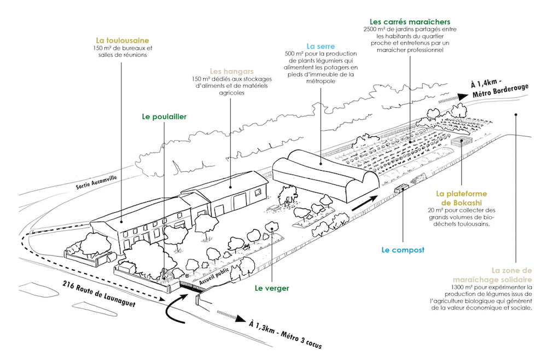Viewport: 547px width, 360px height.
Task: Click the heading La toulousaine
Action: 122,40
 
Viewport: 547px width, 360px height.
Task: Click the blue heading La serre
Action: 321,47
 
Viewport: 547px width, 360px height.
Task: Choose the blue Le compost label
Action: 403,250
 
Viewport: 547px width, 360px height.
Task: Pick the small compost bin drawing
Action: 401,187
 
